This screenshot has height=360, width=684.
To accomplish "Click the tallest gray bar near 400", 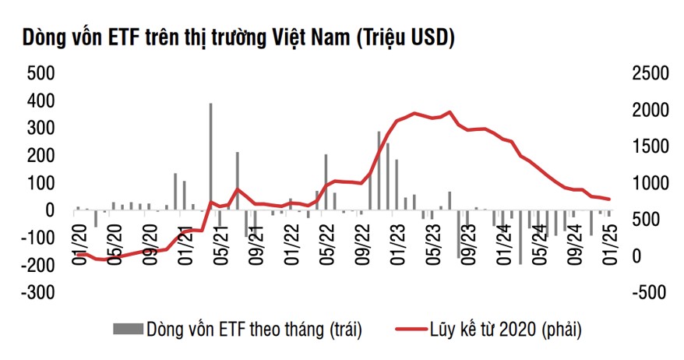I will (210, 156).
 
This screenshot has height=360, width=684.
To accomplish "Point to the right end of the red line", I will (609, 199).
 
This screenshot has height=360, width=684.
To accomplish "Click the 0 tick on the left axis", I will (51, 210).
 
